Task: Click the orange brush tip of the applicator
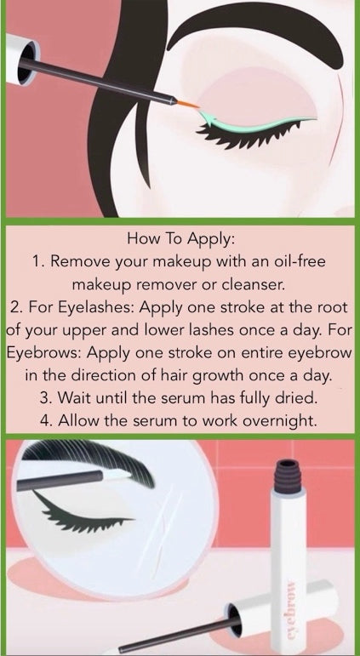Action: click(x=188, y=104)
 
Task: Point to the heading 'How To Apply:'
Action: click(x=181, y=240)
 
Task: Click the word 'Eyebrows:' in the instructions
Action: click(x=44, y=353)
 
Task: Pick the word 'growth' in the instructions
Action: click(x=220, y=375)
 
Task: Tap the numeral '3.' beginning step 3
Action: click(x=47, y=398)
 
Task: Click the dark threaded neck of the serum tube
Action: click(x=289, y=476)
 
